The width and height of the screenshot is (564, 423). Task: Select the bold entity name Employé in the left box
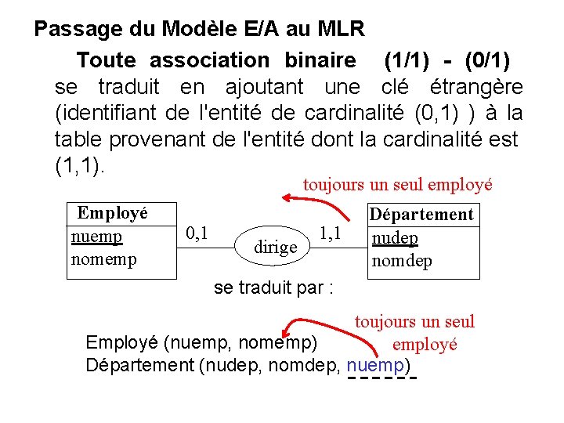(113, 212)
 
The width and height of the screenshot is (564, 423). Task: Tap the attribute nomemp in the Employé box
(103, 258)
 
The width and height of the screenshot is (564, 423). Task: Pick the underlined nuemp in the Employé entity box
(96, 237)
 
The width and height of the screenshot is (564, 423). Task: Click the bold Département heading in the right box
(421, 215)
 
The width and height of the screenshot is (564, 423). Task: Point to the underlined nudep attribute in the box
(395, 238)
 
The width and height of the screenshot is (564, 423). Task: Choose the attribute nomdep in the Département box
(402, 261)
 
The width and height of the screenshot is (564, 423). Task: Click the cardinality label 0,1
(197, 233)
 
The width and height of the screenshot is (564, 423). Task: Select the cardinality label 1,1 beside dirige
(330, 233)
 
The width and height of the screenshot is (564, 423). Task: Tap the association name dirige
(277, 247)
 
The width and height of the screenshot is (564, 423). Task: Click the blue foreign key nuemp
(375, 365)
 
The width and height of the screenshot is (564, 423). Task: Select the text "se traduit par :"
(274, 287)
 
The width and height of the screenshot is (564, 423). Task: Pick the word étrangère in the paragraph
(477, 86)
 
